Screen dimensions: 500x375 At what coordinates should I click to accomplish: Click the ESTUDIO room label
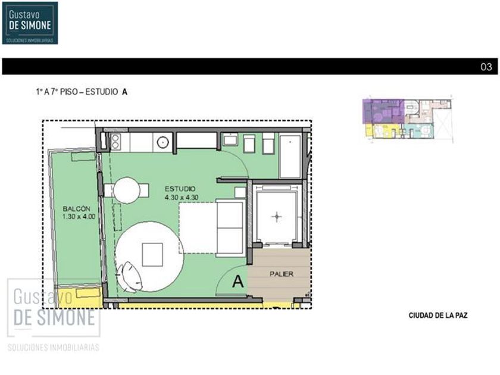coord(180,189)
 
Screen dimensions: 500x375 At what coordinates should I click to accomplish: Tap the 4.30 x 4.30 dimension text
coord(182,198)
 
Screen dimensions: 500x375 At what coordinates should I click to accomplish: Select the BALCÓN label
coord(77,209)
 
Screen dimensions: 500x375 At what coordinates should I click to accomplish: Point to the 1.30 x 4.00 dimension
coord(79,217)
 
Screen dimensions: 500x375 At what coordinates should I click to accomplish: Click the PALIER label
coord(281,274)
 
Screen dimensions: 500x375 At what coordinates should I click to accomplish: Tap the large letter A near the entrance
coord(238,282)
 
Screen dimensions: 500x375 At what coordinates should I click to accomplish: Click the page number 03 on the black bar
coord(486,67)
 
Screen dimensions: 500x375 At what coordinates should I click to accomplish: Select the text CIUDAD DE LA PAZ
coord(438,315)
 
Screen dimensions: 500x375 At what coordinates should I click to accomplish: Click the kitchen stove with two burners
coord(115,142)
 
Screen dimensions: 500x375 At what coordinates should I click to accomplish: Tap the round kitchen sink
coord(162,142)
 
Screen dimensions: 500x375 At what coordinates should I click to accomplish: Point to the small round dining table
coord(127,190)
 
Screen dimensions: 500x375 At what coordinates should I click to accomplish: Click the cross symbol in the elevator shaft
coord(276,217)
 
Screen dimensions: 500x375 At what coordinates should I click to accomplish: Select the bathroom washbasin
coord(230,139)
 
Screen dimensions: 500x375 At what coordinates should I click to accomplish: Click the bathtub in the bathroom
coord(290,156)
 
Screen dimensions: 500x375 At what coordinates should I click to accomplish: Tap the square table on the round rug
coord(152,255)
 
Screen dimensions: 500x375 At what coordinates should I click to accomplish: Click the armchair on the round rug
coord(130,276)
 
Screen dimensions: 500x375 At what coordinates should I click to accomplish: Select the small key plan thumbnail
coord(408,118)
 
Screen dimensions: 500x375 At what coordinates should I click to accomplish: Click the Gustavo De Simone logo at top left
coord(30,23)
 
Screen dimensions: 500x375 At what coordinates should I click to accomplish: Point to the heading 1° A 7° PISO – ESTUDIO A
coord(82,92)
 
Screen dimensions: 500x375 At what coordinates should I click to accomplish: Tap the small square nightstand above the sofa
coord(240,193)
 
